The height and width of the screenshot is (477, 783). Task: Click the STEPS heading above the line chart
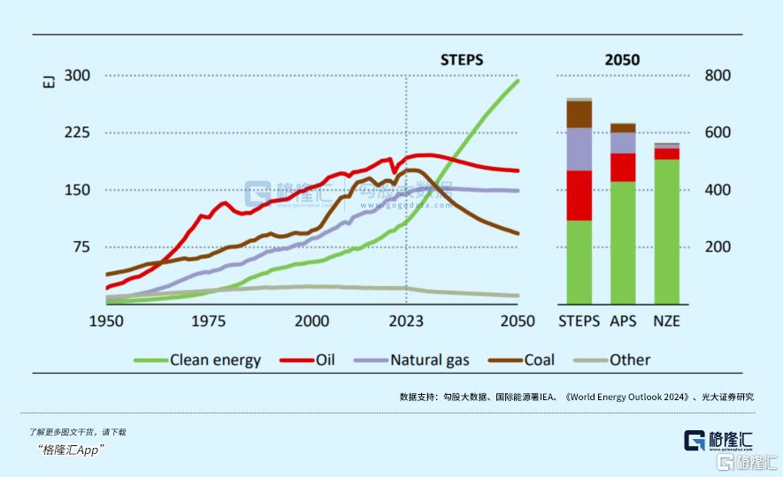462,60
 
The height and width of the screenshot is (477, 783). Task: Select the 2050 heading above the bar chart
622,60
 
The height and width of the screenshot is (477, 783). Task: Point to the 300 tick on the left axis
78,76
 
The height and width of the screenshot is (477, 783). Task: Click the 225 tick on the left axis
78,132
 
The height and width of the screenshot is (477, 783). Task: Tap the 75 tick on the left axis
81,246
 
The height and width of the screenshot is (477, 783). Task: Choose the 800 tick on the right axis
718,76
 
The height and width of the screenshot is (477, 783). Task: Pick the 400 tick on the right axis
718,190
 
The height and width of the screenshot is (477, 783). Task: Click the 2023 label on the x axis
406,321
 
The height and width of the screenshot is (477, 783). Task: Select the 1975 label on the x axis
211,321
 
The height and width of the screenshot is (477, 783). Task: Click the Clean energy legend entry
215,360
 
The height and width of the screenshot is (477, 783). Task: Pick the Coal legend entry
540,360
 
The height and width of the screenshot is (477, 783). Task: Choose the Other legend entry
629,360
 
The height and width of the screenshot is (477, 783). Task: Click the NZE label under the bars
666,321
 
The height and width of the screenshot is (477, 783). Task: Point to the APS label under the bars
623,321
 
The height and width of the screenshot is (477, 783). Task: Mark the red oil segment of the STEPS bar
580,195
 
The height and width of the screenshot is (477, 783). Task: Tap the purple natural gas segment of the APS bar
623,143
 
